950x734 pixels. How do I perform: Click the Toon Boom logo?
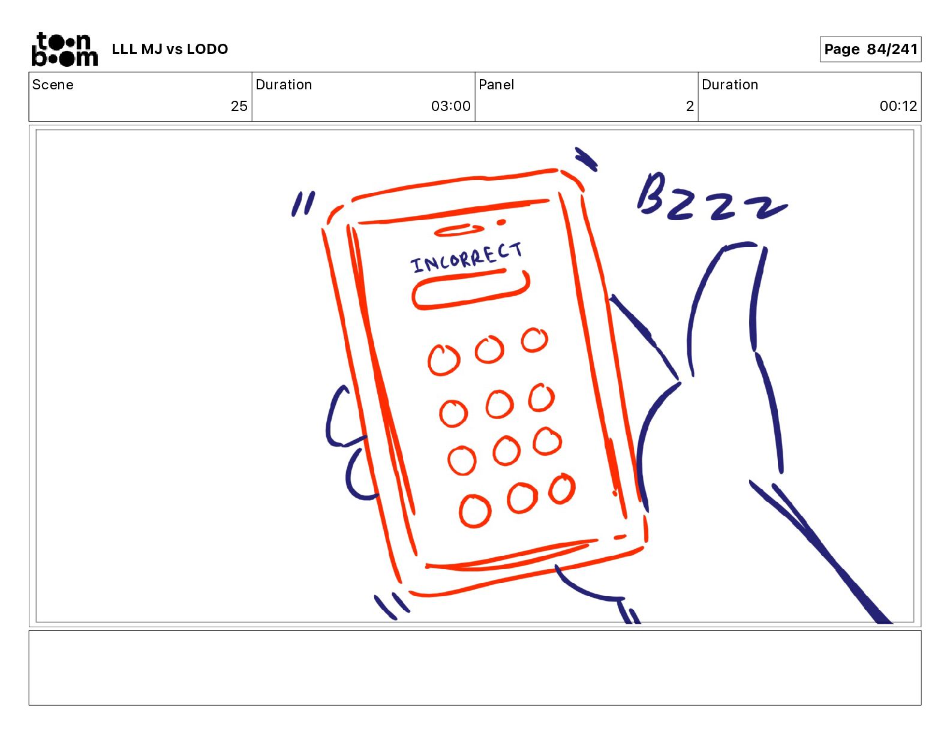coord(65,49)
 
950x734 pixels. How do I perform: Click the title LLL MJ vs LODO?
coord(170,49)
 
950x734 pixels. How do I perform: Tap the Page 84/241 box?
coord(870,49)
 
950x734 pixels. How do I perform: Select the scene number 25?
coord(239,106)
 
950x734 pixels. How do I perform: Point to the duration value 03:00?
coord(450,106)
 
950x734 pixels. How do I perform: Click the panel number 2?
coord(690,106)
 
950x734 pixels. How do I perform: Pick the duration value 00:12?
coord(898,106)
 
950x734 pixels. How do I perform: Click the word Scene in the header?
coord(53,85)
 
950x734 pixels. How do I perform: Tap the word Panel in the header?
coord(496,85)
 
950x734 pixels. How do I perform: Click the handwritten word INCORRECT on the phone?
coord(466,257)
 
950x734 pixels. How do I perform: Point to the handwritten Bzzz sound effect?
coord(712,197)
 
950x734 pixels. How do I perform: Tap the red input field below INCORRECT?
coord(471,290)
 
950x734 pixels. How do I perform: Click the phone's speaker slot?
coord(459,230)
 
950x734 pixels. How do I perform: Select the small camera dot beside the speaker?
coord(501,222)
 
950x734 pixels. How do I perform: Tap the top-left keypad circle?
coord(444,360)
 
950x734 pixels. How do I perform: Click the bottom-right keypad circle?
coord(562,489)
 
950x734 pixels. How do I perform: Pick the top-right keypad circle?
coord(534,339)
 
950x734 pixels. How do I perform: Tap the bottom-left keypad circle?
coord(475,511)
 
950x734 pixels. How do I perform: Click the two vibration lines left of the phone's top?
coord(303,204)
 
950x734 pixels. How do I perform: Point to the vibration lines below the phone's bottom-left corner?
coord(392,606)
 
